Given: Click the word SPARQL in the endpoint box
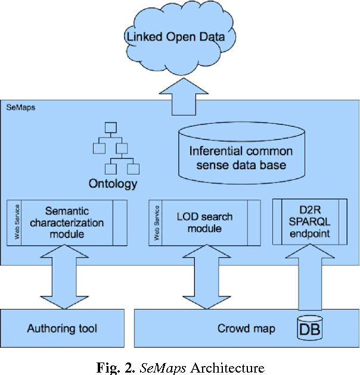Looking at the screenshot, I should (x=309, y=222).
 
